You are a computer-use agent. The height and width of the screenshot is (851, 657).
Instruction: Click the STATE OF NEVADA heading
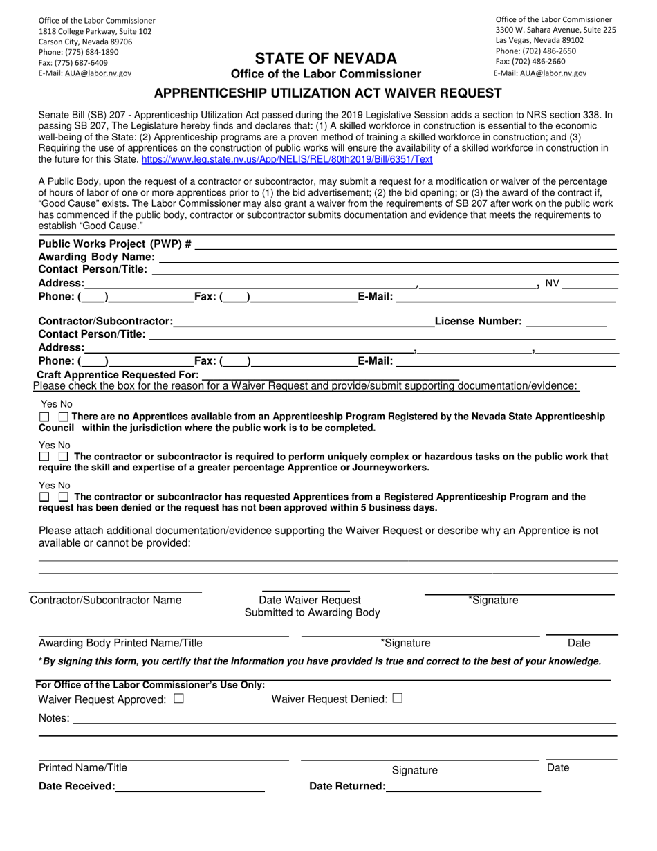[x=326, y=58]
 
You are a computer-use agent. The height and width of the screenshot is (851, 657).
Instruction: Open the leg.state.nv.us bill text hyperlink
[x=286, y=159]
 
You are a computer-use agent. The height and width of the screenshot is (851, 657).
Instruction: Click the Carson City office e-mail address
[x=98, y=73]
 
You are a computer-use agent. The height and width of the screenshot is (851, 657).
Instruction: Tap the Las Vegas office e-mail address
[x=553, y=73]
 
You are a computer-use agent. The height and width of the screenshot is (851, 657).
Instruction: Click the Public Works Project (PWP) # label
[x=115, y=244]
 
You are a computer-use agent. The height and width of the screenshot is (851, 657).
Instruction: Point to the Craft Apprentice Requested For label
[x=118, y=374]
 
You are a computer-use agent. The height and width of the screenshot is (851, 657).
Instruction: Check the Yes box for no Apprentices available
[x=44, y=417]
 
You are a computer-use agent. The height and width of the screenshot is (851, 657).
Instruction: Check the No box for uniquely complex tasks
[x=64, y=457]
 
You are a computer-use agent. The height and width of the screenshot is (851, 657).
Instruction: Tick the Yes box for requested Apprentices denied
[x=44, y=497]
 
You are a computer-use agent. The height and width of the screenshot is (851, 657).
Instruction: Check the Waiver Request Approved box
[x=179, y=699]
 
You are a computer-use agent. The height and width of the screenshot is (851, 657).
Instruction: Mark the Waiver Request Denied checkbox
[x=397, y=699]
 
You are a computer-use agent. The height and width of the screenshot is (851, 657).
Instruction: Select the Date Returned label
[x=347, y=787]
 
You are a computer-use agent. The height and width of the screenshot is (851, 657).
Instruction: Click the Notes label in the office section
[x=54, y=719]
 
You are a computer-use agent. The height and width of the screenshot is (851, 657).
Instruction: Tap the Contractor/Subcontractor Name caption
[x=106, y=600]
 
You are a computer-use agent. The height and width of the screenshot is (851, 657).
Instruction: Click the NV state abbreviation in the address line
[x=553, y=283]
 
